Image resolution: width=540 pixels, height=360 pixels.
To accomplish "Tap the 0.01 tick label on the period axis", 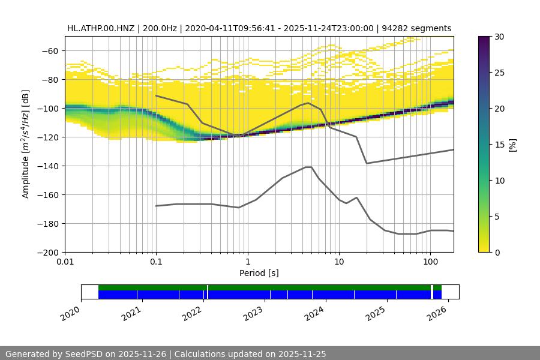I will tap(65, 262).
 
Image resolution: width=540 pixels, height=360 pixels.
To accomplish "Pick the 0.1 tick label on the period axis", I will tap(156, 262).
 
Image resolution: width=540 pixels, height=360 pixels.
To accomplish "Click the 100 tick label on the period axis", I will tap(430, 262).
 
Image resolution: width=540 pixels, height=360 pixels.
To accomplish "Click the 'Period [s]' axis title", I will tap(259, 273).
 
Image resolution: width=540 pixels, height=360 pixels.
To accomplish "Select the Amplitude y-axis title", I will tap(26, 144).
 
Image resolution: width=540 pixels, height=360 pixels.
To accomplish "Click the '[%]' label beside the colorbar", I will tap(512, 145).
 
